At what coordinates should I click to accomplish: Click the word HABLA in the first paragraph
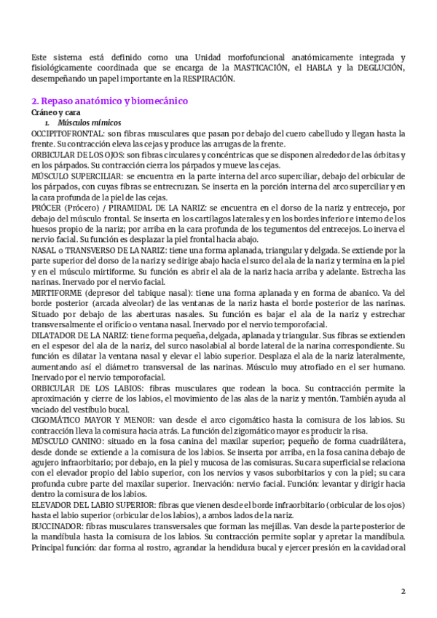point(328,68)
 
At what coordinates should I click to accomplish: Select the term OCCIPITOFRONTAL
point(63,133)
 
